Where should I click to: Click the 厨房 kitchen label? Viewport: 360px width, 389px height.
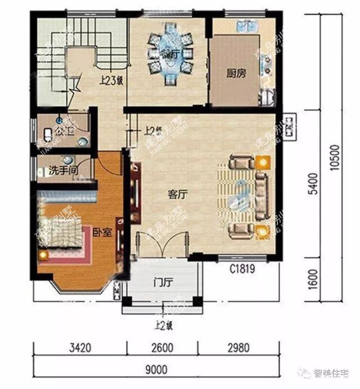pyautogui.click(x=237, y=73)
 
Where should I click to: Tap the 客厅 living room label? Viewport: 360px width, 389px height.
pyautogui.click(x=177, y=195)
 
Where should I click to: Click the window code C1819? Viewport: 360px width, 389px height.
pyautogui.click(x=241, y=270)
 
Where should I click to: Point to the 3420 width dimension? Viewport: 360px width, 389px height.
pyautogui.click(x=79, y=348)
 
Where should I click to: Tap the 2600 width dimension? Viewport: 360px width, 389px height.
pyautogui.click(x=162, y=348)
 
